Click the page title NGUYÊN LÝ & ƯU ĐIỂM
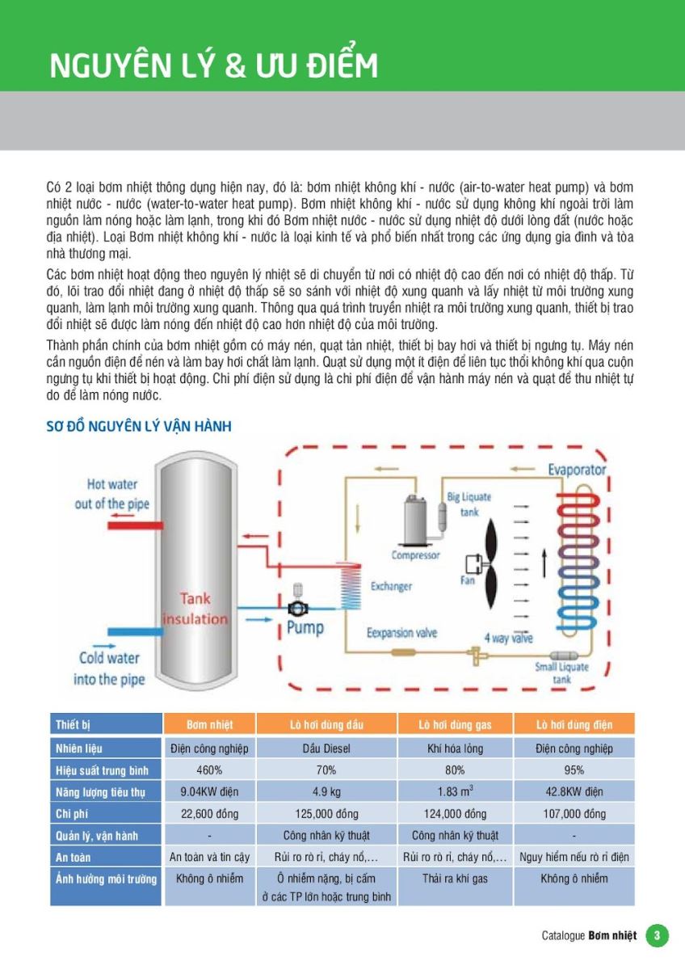coord(214,65)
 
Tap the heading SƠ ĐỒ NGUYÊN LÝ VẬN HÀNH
coord(139,426)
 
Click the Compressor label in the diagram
coord(416,555)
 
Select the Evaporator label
coord(577,470)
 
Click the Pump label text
coord(305,627)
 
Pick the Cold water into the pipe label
coord(109,668)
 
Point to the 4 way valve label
coord(509,638)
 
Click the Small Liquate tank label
coord(561,673)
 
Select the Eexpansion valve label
coord(401,633)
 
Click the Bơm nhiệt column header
coord(209,724)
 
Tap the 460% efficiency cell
coord(209,770)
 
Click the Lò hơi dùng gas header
coord(455,724)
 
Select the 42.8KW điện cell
coord(574,792)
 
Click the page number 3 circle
coord(657,935)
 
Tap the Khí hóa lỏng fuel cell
coord(455,749)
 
